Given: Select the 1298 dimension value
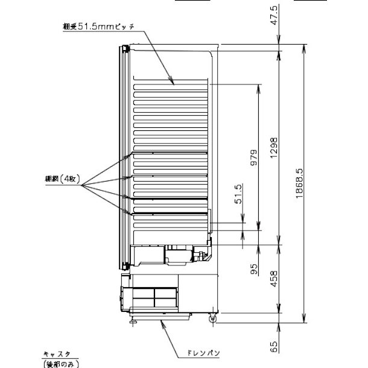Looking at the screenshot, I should pyautogui.click(x=274, y=146).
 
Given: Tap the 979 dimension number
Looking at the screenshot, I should pyautogui.click(x=254, y=156).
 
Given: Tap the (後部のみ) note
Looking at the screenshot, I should pyautogui.click(x=60, y=363).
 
